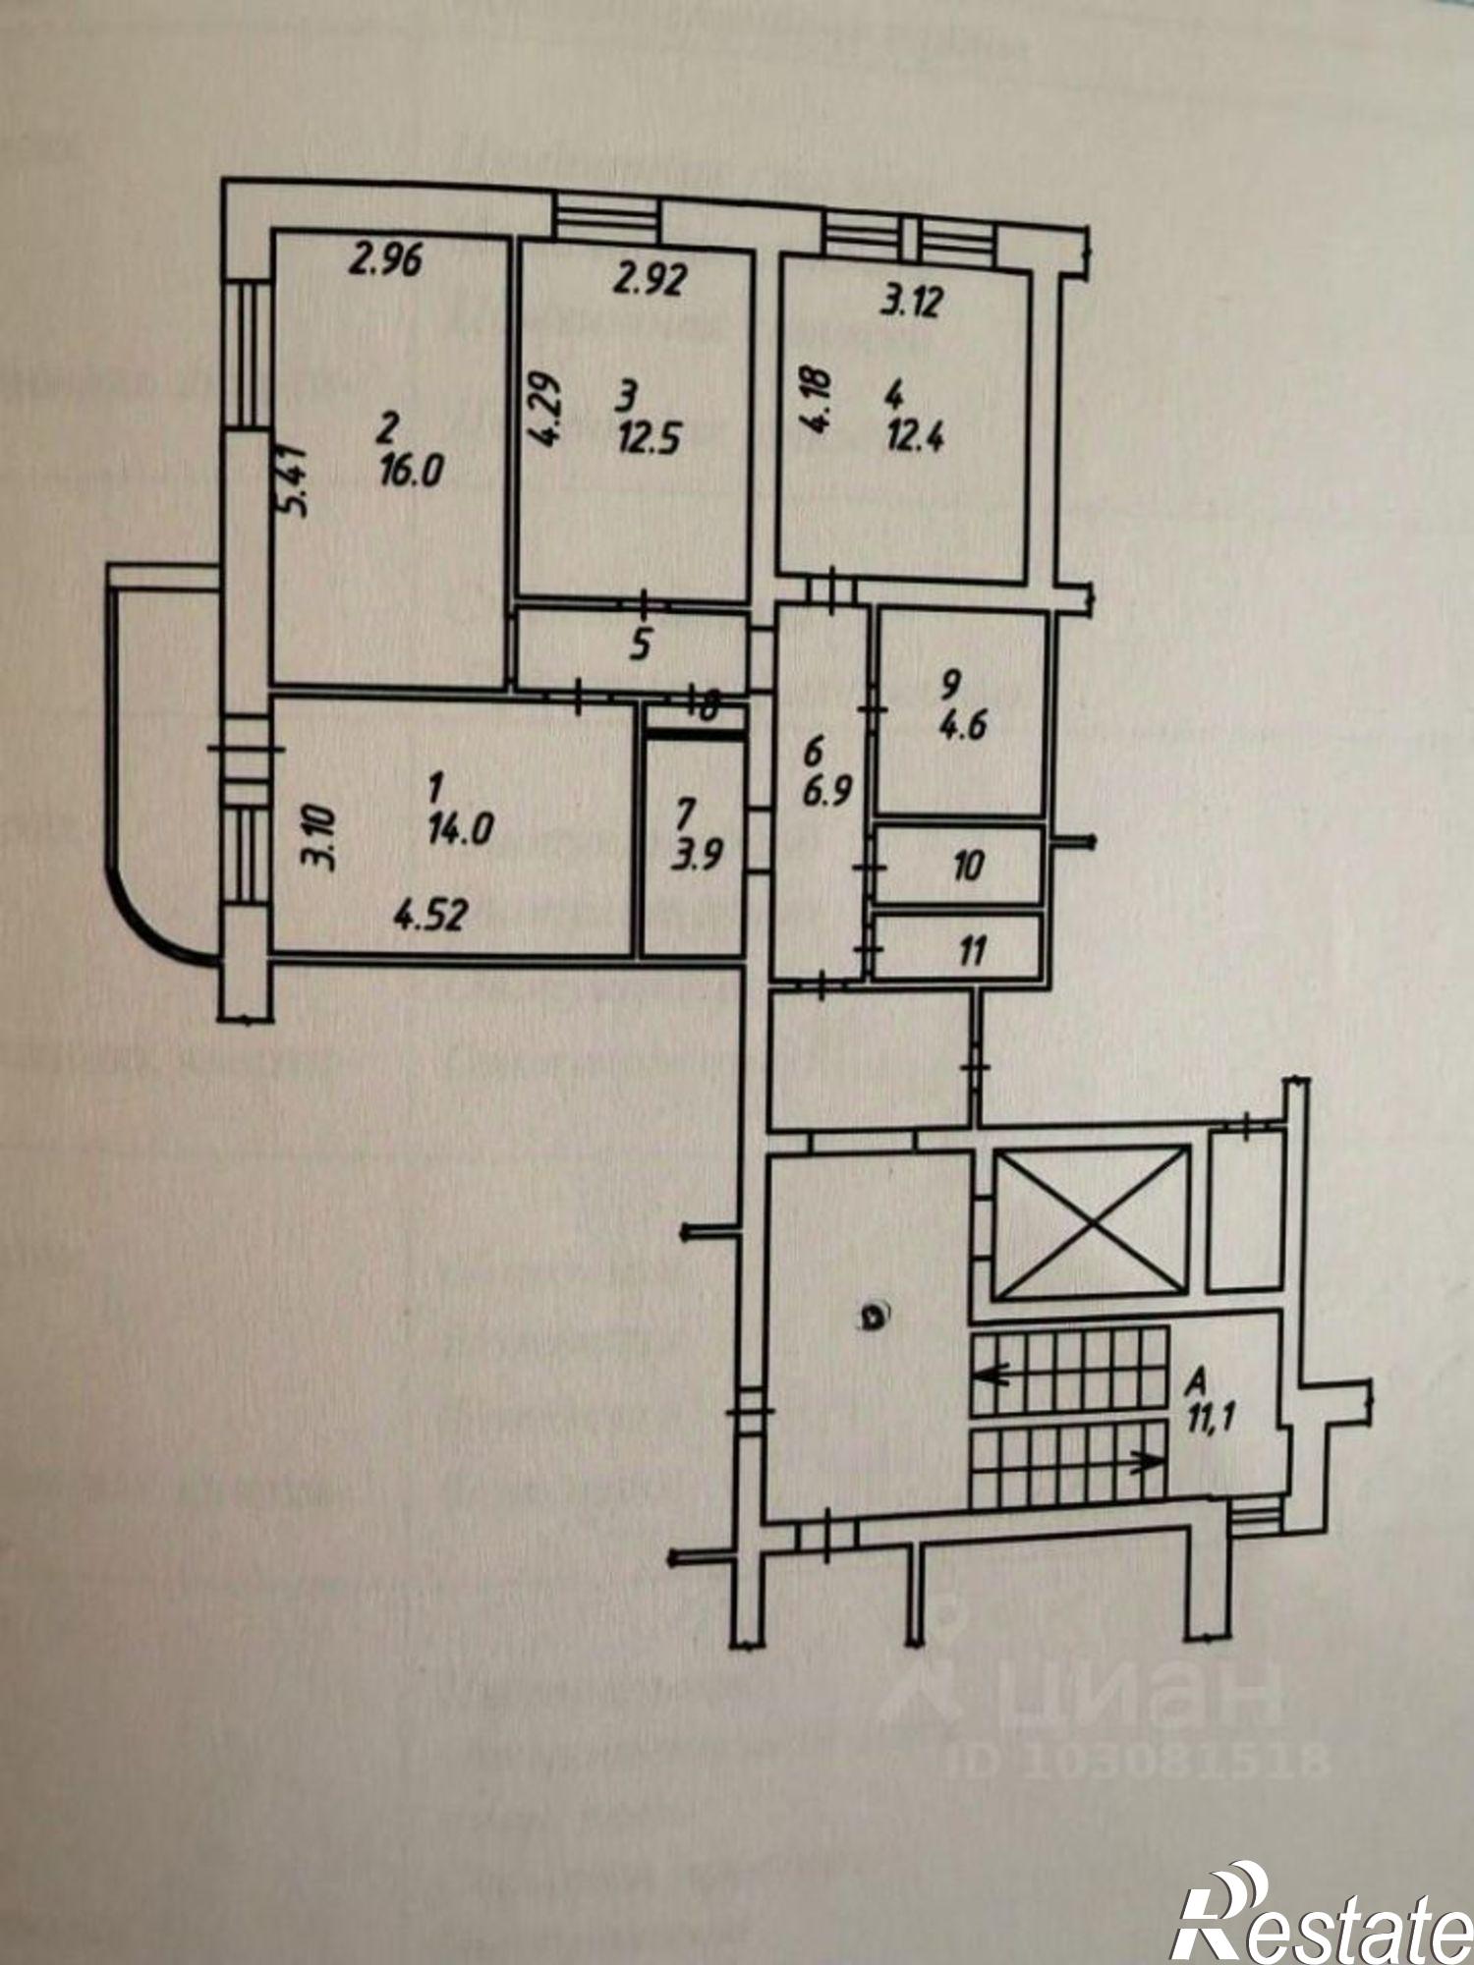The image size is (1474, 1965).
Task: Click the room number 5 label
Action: (641, 645)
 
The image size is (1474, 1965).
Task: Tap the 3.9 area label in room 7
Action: (697, 852)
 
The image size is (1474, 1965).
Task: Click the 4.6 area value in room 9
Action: (963, 727)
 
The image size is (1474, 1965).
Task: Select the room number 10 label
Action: (968, 866)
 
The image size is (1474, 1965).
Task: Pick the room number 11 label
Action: (971, 950)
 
